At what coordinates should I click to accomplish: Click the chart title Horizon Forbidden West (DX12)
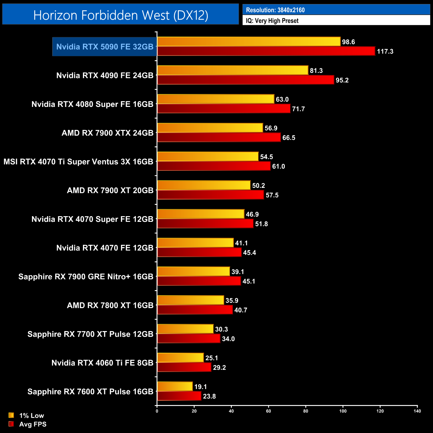click(121, 15)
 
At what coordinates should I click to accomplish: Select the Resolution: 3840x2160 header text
click(275, 10)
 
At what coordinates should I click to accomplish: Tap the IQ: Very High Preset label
click(272, 21)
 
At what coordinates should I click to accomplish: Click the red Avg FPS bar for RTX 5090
click(266, 51)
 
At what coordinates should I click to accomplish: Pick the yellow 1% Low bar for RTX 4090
click(232, 70)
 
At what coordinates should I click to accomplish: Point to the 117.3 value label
click(385, 51)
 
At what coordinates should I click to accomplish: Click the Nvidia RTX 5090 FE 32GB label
click(105, 47)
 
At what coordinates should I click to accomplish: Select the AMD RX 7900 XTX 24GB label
click(107, 133)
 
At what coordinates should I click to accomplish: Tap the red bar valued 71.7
click(223, 109)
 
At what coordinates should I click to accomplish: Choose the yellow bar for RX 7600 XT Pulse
click(175, 386)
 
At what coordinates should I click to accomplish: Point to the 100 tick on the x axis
click(343, 411)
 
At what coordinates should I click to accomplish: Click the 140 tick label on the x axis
click(417, 411)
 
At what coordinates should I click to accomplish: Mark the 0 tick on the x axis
click(157, 411)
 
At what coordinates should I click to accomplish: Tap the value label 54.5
click(266, 157)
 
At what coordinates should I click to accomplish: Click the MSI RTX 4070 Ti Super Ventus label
click(78, 162)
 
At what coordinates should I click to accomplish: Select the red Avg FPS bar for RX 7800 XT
click(195, 310)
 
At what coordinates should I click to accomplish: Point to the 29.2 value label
click(219, 367)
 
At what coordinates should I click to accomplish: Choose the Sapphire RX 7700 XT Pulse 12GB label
click(90, 334)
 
